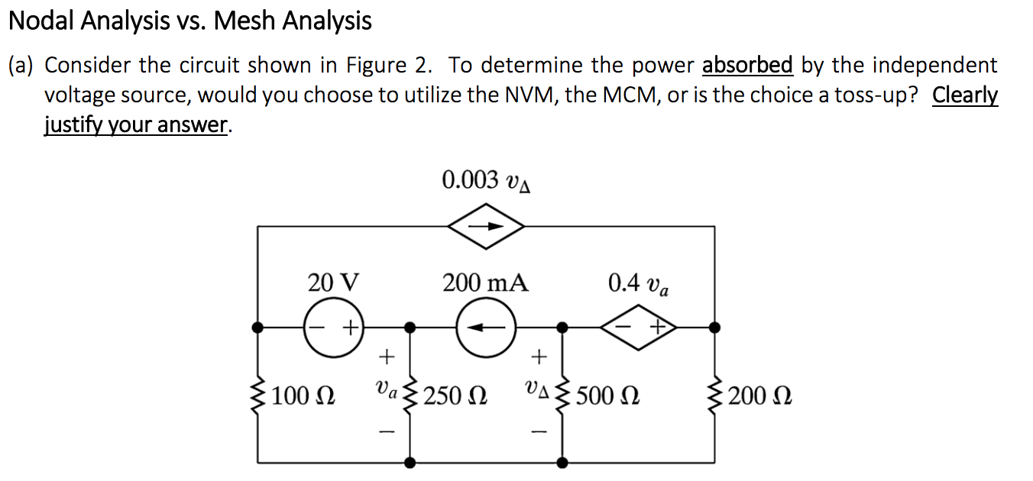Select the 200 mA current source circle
click(x=485, y=328)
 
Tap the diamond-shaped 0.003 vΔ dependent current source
click(x=486, y=226)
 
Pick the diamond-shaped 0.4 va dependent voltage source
click(x=639, y=328)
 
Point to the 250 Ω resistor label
click(x=455, y=397)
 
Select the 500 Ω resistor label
click(x=608, y=397)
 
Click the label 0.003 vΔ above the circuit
click(x=486, y=181)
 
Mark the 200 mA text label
click(x=485, y=283)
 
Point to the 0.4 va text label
click(x=640, y=284)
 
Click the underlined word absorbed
click(x=747, y=66)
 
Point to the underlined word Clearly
click(x=965, y=95)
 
